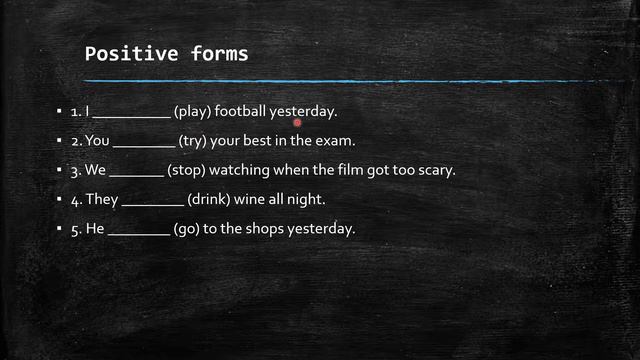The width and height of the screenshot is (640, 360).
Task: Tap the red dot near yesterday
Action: [x=298, y=123]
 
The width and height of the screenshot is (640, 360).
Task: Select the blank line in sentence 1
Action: [x=132, y=117]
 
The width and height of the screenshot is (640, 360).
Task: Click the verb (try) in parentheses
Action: [x=195, y=141]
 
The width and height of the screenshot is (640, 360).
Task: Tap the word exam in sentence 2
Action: [x=337, y=141]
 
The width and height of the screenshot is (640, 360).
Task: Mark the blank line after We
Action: [x=136, y=176]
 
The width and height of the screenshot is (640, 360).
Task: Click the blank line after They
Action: [x=152, y=205]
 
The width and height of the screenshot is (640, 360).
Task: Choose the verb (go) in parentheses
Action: [x=187, y=229]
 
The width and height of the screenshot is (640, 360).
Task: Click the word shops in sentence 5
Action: [x=263, y=229]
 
